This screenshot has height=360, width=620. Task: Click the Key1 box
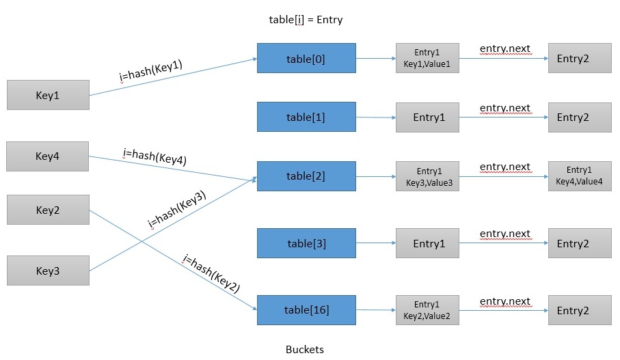pyautogui.click(x=48, y=95)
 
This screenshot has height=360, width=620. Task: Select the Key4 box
pyautogui.click(x=47, y=156)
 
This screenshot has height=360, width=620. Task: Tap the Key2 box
pyautogui.click(x=48, y=210)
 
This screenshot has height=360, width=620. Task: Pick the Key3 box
pyautogui.click(x=48, y=271)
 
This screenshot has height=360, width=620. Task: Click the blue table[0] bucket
pyautogui.click(x=306, y=58)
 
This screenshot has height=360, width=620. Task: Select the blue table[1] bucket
pyautogui.click(x=306, y=117)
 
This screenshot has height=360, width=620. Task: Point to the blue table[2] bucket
pyautogui.click(x=306, y=176)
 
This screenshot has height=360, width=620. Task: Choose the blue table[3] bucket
pyautogui.click(x=306, y=243)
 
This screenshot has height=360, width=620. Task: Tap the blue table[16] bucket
pyautogui.click(x=306, y=310)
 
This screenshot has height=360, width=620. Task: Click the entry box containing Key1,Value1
pyautogui.click(x=428, y=58)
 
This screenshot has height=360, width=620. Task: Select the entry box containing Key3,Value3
pyautogui.click(x=428, y=176)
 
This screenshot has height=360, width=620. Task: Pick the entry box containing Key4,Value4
pyautogui.click(x=580, y=176)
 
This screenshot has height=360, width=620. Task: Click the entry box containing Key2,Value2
pyautogui.click(x=428, y=310)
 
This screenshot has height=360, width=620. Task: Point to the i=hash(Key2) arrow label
pyautogui.click(x=211, y=273)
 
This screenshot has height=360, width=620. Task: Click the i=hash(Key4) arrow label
pyautogui.click(x=154, y=156)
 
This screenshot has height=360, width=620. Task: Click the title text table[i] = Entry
pyautogui.click(x=306, y=20)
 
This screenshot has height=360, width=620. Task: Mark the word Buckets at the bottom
pyautogui.click(x=304, y=349)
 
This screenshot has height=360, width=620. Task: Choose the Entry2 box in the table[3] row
pyautogui.click(x=580, y=243)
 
